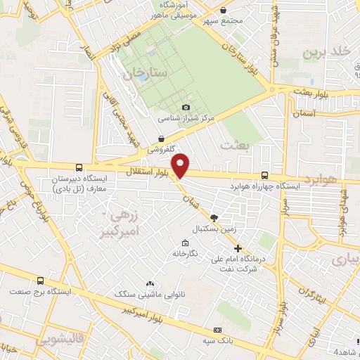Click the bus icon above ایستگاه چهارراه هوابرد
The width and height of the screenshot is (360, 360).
click(264, 175)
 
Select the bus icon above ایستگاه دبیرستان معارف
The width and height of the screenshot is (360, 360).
click(79, 168)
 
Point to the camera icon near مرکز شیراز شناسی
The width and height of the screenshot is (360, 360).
click(186, 108)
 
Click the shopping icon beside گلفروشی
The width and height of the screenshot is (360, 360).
click(162, 139)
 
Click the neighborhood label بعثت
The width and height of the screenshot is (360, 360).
click(235, 145)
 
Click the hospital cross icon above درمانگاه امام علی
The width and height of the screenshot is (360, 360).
click(238, 248)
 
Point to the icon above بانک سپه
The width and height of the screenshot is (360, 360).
click(218, 330)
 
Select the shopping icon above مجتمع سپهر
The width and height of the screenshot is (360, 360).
click(223, 10)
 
